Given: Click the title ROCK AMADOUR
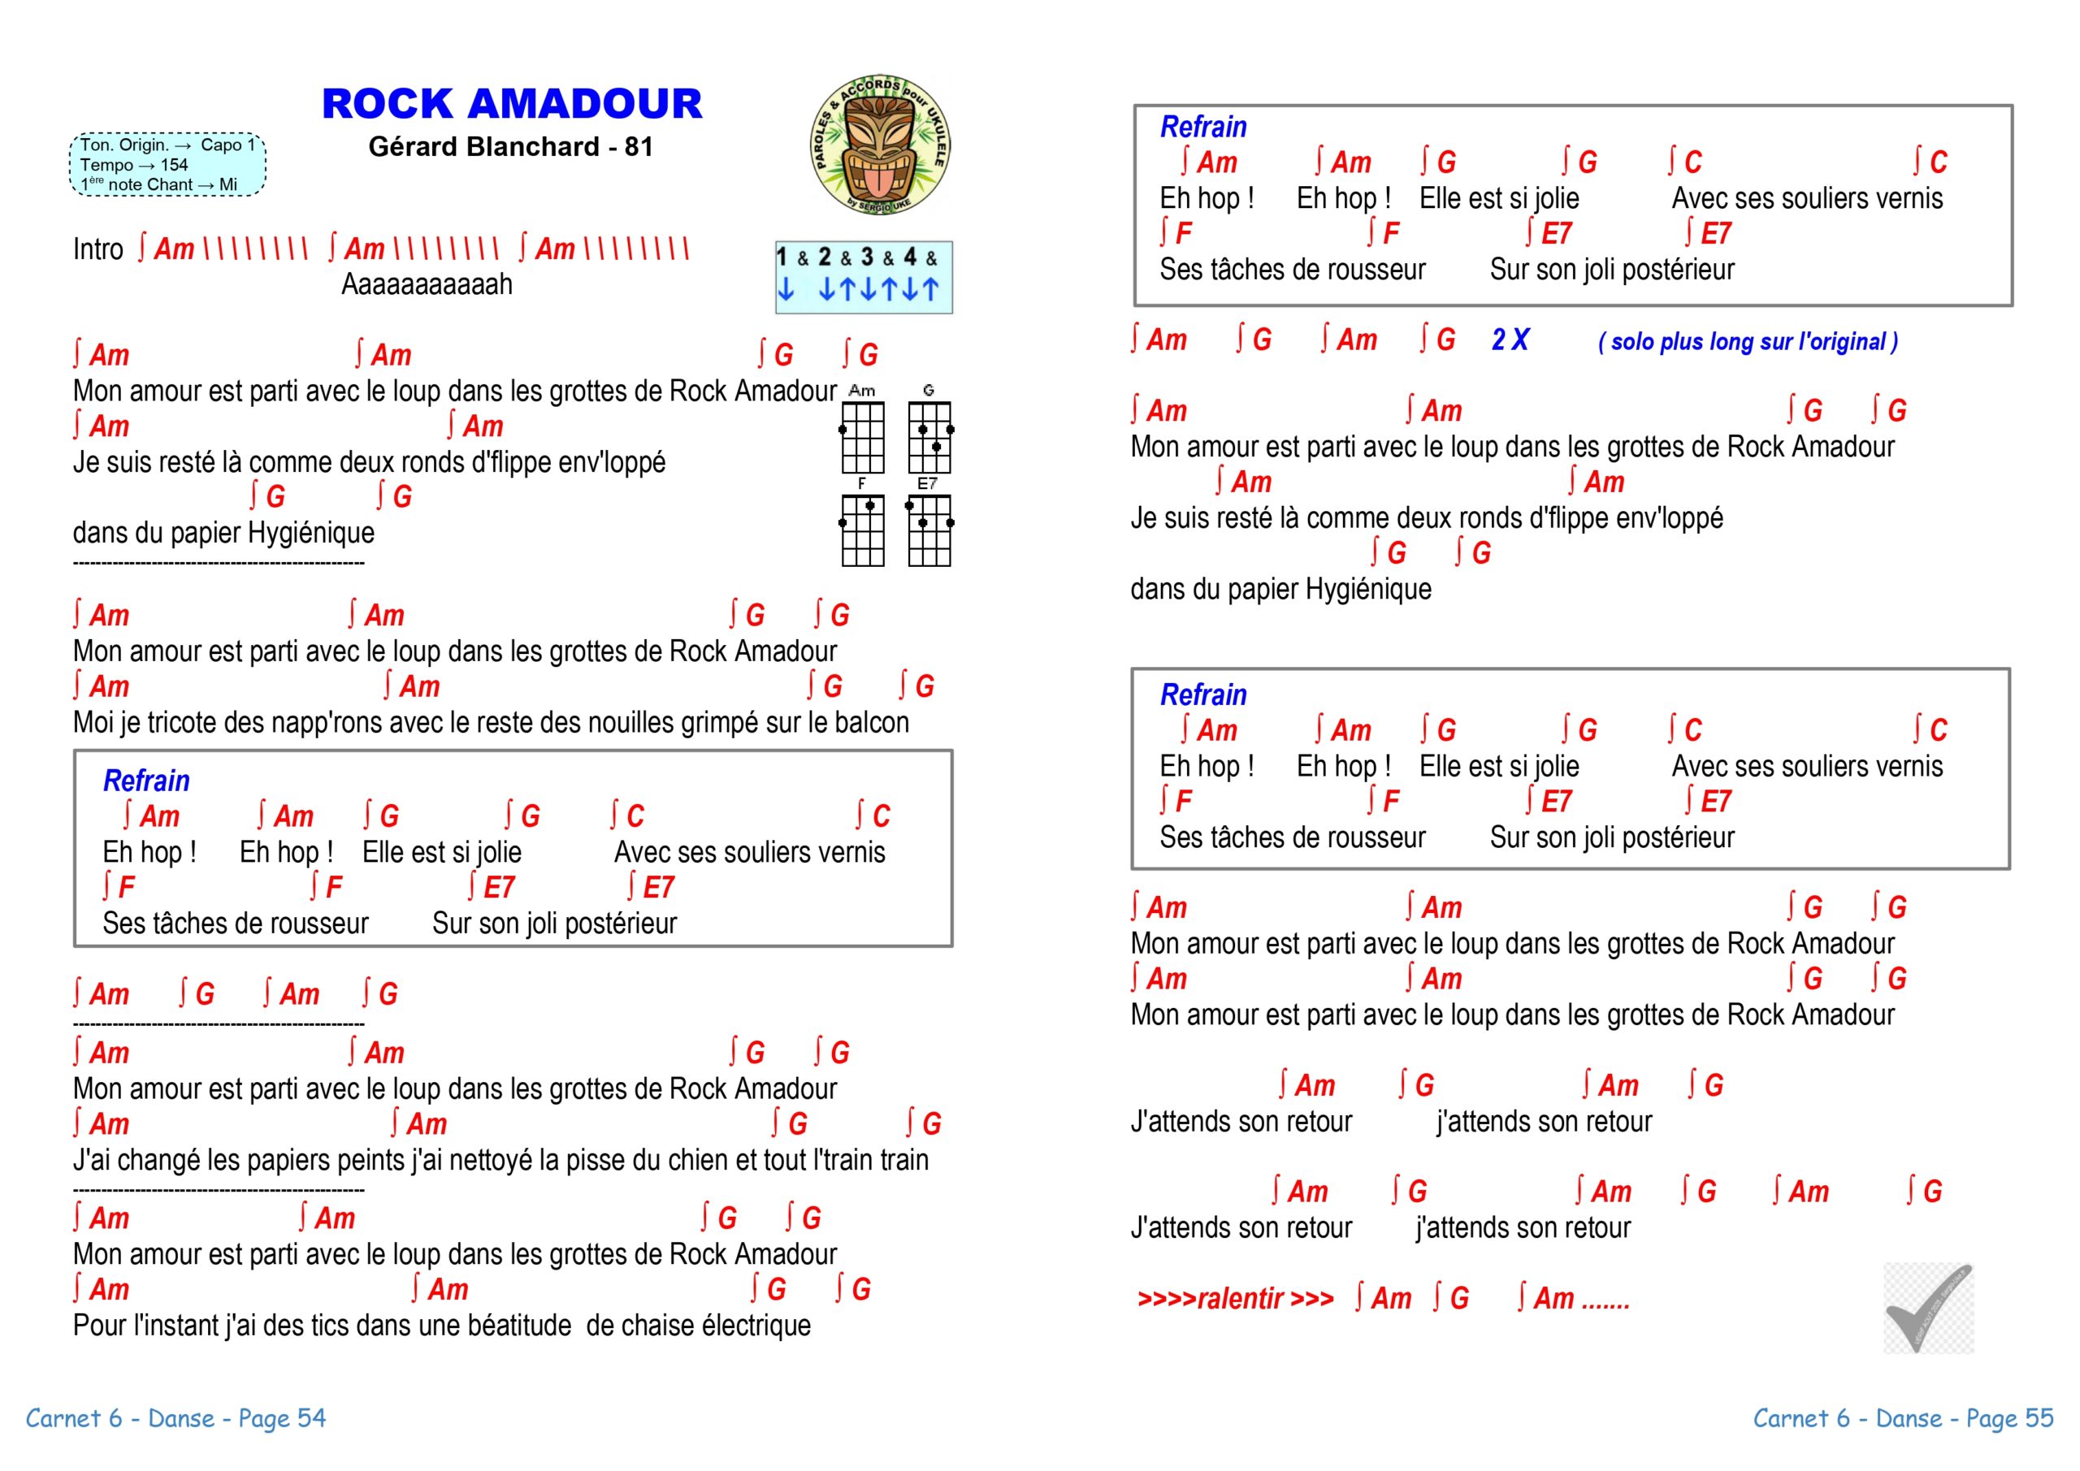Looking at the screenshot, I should point(512,103).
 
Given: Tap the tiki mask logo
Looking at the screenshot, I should point(880,145).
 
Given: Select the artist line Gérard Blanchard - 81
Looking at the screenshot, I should point(510,147).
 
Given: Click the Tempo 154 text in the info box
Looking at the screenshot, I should point(133,165).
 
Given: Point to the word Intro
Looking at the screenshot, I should point(97,249).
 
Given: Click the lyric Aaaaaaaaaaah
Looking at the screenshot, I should point(427,284).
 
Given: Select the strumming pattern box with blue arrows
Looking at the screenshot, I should point(864,277).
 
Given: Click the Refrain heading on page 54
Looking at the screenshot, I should point(146,781).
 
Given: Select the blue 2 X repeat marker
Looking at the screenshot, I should point(1510,340).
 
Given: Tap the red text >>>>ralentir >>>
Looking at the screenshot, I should point(1235,1299).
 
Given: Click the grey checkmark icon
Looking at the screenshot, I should point(1928,1307).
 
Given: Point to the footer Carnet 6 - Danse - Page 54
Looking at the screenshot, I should point(175,1418).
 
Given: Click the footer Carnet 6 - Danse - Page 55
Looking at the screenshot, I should point(1902,1418).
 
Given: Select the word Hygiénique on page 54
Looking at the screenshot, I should point(310,533).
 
